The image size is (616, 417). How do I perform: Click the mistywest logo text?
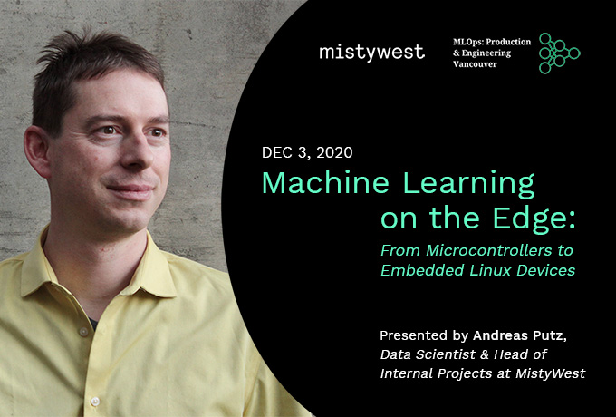[x=371, y=53]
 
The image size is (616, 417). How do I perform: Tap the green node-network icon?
[x=559, y=53]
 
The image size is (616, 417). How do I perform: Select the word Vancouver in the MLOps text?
[x=475, y=64]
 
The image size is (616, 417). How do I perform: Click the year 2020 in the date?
[x=334, y=152]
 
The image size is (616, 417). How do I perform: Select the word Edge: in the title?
[x=534, y=218]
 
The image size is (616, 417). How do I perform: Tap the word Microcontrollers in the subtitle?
[x=486, y=250]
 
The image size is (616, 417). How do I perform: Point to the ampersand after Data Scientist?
[x=485, y=354]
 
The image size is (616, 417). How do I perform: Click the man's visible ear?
[x=37, y=151]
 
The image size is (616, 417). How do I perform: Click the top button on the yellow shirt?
[x=83, y=331]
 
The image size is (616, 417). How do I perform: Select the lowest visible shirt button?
[x=95, y=402]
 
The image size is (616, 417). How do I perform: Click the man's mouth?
[x=130, y=190]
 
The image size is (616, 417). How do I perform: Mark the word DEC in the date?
[x=278, y=152]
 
